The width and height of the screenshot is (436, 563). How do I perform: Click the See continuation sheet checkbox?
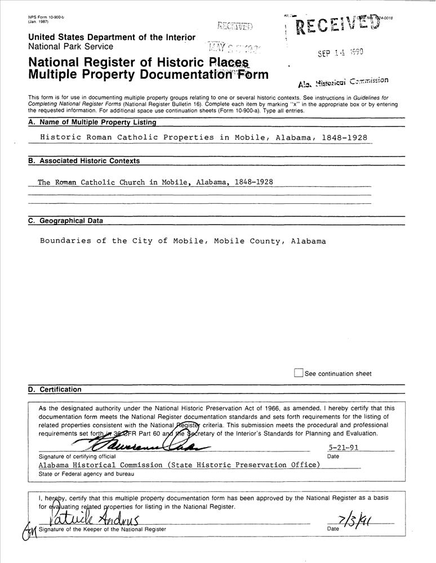point(299,373)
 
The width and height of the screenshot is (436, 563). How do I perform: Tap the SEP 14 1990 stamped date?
point(340,53)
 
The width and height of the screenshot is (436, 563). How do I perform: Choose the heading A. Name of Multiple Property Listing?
point(92,122)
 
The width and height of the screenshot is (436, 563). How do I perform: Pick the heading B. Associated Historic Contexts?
point(84,161)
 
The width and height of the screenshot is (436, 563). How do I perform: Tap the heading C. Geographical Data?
point(66,221)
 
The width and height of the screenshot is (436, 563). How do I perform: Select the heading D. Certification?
point(55,390)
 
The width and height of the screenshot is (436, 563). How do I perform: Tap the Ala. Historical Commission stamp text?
point(343,82)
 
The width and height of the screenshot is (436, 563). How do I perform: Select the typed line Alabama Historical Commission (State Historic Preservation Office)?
point(179,465)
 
